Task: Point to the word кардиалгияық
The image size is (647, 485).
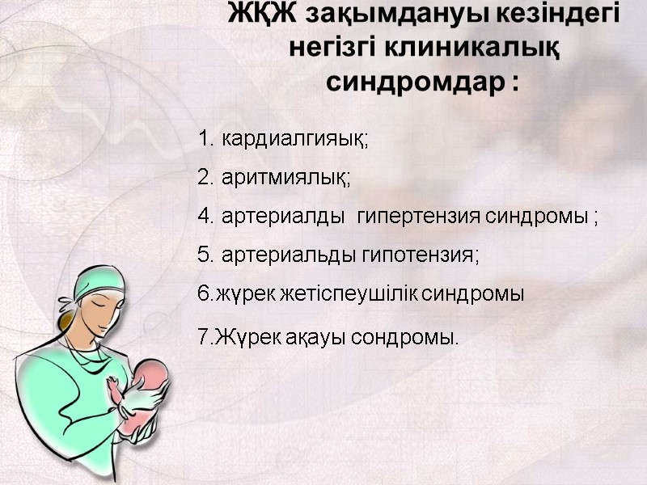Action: tap(295, 139)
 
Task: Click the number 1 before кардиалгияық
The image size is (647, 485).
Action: tap(203, 139)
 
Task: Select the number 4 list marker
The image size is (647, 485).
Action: tap(204, 217)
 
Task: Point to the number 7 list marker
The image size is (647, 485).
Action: tap(203, 337)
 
